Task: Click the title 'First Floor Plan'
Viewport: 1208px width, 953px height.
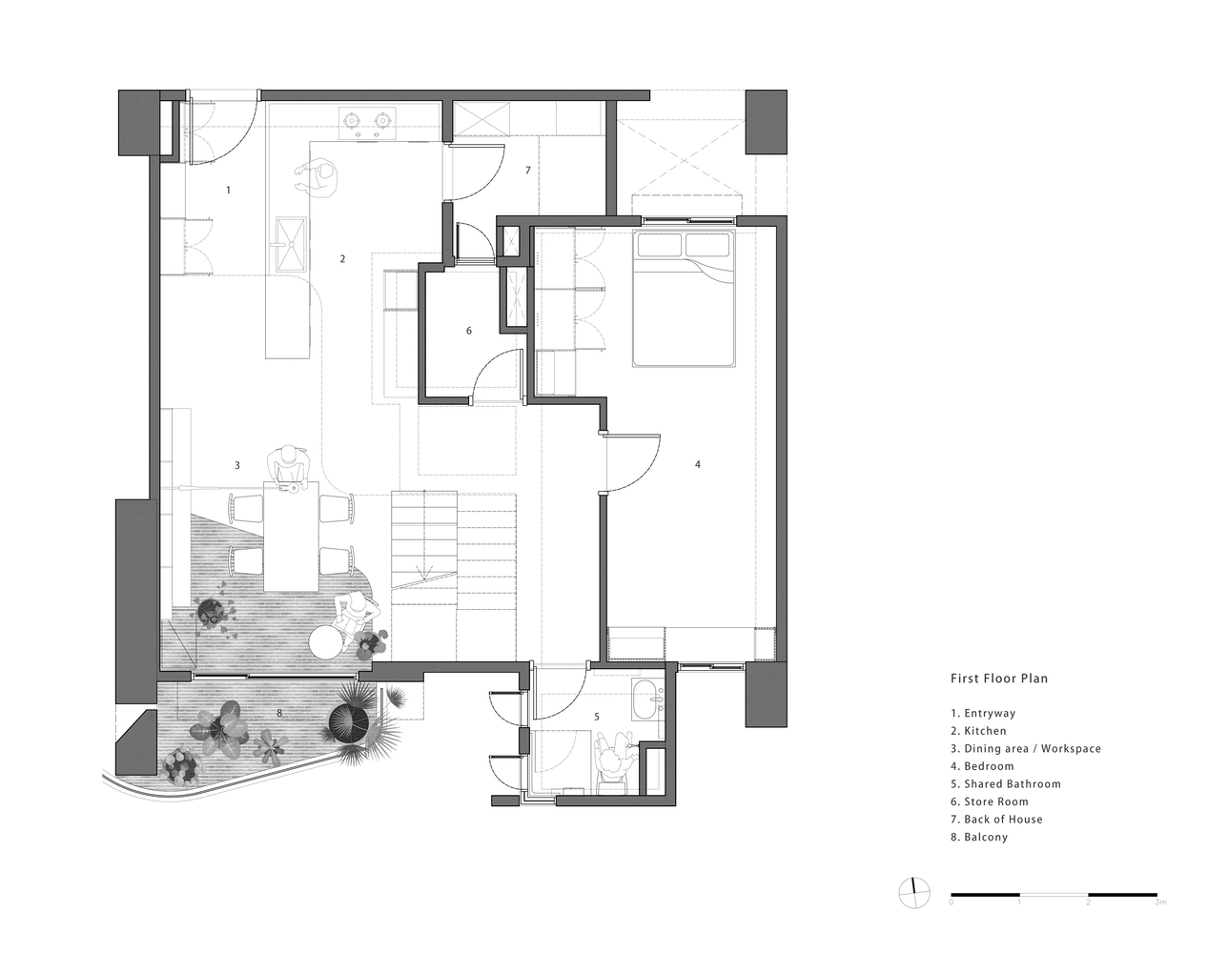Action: tap(998, 679)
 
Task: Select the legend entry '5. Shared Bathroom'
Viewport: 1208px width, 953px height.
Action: tap(1005, 783)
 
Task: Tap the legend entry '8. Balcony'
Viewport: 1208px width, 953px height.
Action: tap(978, 837)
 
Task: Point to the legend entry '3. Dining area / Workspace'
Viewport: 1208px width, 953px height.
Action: tap(1025, 748)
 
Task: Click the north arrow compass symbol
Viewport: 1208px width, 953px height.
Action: tap(913, 891)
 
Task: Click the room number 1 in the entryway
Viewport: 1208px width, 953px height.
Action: tap(228, 191)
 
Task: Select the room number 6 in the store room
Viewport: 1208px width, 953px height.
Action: tap(468, 331)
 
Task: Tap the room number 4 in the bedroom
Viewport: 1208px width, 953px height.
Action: tap(697, 464)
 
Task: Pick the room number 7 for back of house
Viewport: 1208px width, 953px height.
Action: tap(527, 171)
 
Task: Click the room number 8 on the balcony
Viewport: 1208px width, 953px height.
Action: tap(278, 712)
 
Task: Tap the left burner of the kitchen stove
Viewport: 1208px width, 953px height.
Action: tap(350, 120)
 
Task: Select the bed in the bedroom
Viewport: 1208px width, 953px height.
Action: tap(684, 296)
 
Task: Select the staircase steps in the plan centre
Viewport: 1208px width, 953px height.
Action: tap(423, 538)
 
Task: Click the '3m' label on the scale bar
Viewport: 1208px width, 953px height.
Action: tap(1158, 902)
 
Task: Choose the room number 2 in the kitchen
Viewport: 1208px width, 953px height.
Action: tap(342, 258)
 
